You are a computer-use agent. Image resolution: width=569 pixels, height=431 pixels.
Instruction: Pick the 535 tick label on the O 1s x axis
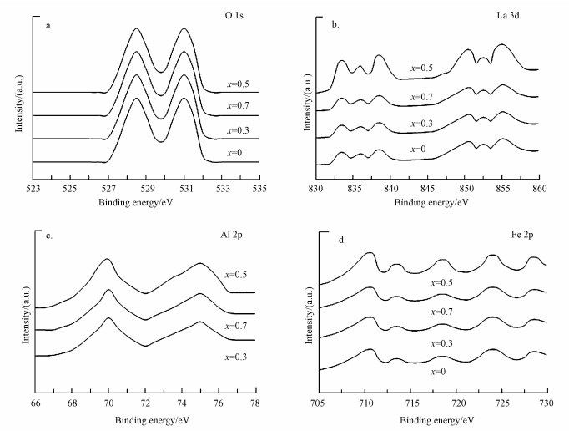pos(259,189)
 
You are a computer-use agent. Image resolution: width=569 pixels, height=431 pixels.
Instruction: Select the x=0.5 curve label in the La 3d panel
pos(421,68)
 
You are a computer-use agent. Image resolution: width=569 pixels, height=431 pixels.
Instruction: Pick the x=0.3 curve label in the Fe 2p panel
pos(442,342)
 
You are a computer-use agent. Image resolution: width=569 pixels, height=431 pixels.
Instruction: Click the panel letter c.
pos(49,236)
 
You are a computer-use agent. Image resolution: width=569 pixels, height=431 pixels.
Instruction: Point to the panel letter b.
pos(335,26)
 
